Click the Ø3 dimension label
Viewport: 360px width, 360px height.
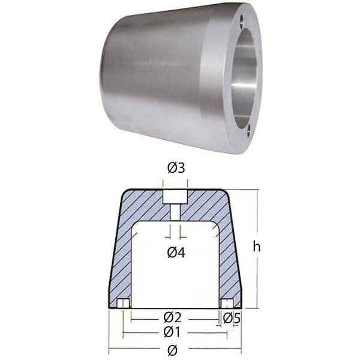(176, 168)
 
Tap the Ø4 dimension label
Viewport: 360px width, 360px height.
(176, 253)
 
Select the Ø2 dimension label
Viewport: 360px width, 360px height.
(172, 317)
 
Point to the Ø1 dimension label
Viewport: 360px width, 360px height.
(172, 332)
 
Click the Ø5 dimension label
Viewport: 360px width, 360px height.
(232, 318)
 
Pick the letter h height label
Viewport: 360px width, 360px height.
(257, 247)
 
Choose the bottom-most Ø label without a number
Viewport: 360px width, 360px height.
(172, 350)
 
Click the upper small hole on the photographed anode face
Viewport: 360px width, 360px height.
(242, 20)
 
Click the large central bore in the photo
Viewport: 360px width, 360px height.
(244, 76)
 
